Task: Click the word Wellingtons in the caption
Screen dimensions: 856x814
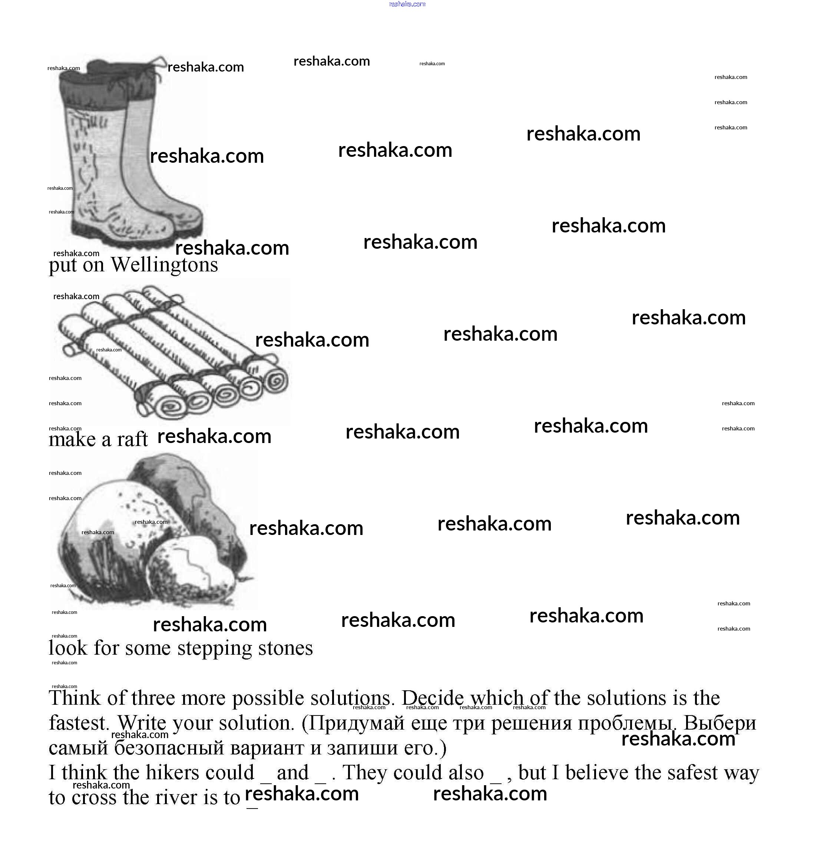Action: (x=165, y=265)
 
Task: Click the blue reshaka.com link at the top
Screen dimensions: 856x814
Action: (x=407, y=4)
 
